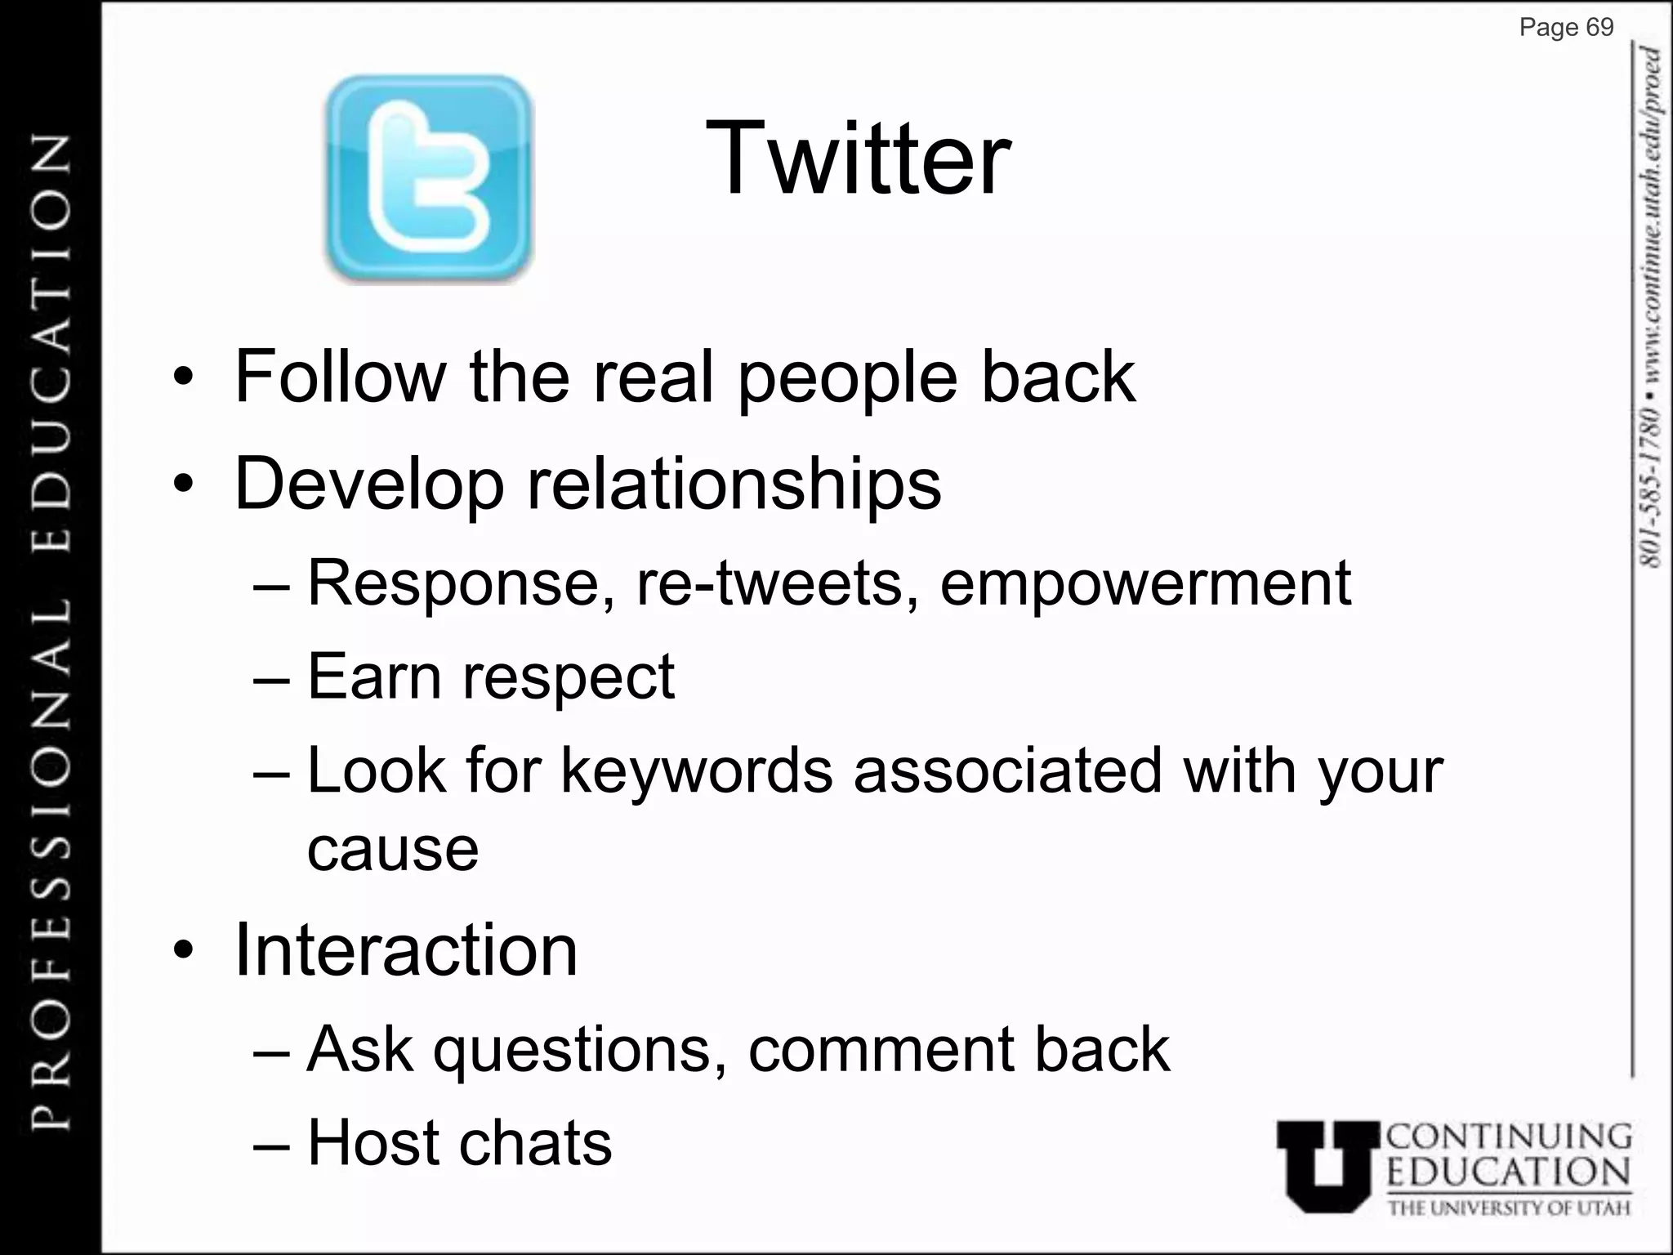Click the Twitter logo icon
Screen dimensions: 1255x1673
click(428, 179)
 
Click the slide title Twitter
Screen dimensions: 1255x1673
click(857, 159)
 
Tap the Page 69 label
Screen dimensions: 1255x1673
click(1566, 28)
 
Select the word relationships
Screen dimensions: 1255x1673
click(734, 484)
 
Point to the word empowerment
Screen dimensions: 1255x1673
click(1145, 583)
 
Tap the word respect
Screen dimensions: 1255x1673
click(569, 677)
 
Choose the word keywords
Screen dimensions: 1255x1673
click(696, 770)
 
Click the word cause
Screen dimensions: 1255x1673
click(392, 849)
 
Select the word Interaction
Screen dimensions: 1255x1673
click(406, 950)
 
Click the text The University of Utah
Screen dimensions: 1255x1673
click(1509, 1208)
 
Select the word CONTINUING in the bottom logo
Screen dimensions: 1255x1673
click(1510, 1137)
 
